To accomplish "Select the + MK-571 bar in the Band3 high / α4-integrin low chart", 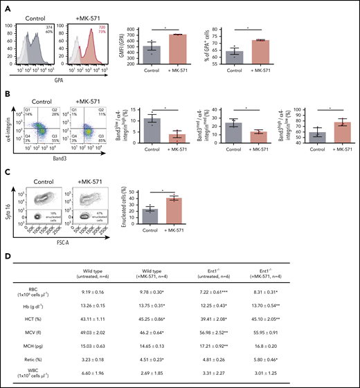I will click(332, 131).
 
